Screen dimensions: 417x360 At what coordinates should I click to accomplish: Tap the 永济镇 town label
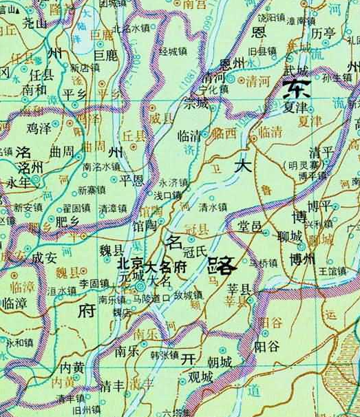tap(173, 183)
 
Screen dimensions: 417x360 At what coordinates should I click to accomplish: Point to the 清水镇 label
tap(212, 206)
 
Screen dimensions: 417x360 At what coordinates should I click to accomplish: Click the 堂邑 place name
tap(250, 227)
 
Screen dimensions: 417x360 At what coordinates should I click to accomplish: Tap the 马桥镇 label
tap(262, 262)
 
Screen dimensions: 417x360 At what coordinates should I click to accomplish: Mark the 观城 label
tap(200, 376)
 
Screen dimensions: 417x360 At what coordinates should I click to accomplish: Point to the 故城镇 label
tap(187, 296)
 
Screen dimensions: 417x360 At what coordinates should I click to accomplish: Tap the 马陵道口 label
tap(151, 298)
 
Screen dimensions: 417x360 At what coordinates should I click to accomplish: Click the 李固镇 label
tap(94, 282)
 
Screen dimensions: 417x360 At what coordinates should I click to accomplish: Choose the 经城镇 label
tap(173, 52)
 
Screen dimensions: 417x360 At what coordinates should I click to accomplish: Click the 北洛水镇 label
tap(131, 28)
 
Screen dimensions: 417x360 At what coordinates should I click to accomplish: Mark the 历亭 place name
tap(323, 32)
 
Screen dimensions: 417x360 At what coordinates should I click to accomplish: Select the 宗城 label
tap(195, 104)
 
